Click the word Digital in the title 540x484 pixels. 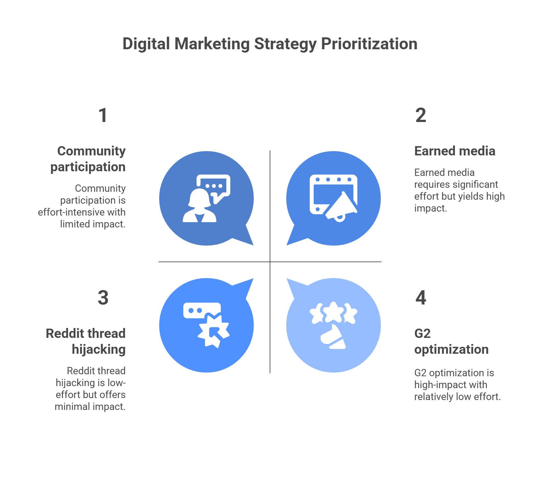coord(146,44)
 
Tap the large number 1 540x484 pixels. coord(103,115)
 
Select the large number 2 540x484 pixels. coord(421,115)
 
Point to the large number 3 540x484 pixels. coord(103,298)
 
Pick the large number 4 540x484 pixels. coord(421,298)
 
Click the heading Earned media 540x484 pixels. coord(455,151)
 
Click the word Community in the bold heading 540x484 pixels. coord(91,151)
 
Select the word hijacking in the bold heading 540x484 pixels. coord(99,349)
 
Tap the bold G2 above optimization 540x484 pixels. coord(422,333)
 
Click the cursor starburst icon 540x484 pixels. coord(213,331)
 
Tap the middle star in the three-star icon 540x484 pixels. coord(334,311)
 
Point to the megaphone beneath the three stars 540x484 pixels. coord(333,337)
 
